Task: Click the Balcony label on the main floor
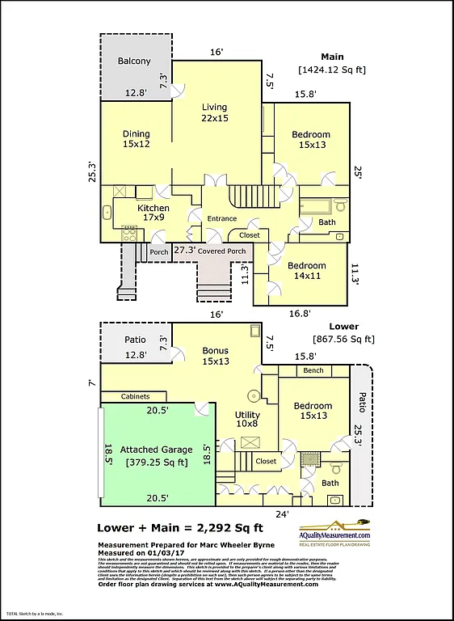133,61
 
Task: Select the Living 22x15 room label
214,112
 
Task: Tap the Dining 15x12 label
137,139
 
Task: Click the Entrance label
222,218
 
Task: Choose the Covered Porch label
222,251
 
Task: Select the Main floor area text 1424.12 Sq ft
331,70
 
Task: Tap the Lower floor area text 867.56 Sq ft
343,340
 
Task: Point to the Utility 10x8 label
247,418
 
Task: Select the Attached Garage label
156,456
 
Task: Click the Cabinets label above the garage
135,397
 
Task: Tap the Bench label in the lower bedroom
313,371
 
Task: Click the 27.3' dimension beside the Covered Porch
185,251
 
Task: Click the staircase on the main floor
242,195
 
